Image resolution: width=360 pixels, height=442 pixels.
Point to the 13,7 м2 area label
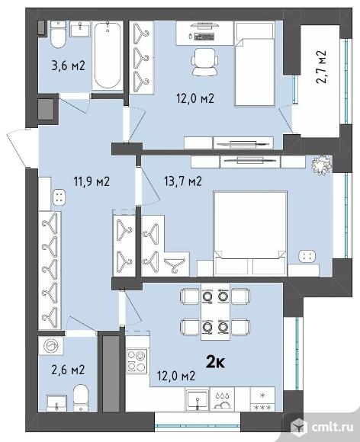click(182, 181)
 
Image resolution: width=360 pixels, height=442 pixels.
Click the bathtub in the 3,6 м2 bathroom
click(105, 56)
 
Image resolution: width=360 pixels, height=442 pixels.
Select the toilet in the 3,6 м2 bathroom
click(57, 35)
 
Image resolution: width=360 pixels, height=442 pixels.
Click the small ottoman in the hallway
click(60, 197)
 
